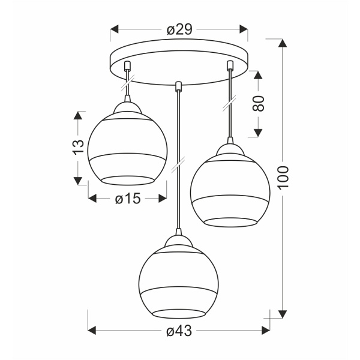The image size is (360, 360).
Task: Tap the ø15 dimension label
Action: [x=127, y=199]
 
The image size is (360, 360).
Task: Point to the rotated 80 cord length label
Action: [x=259, y=104]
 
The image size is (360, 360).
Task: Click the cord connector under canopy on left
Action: [x=127, y=66]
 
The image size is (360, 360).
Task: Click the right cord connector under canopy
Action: [x=229, y=66]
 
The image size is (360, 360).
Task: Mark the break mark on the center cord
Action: [x=178, y=163]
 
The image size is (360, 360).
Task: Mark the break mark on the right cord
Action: [x=229, y=105]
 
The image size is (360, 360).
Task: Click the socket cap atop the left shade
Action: [x=127, y=107]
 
